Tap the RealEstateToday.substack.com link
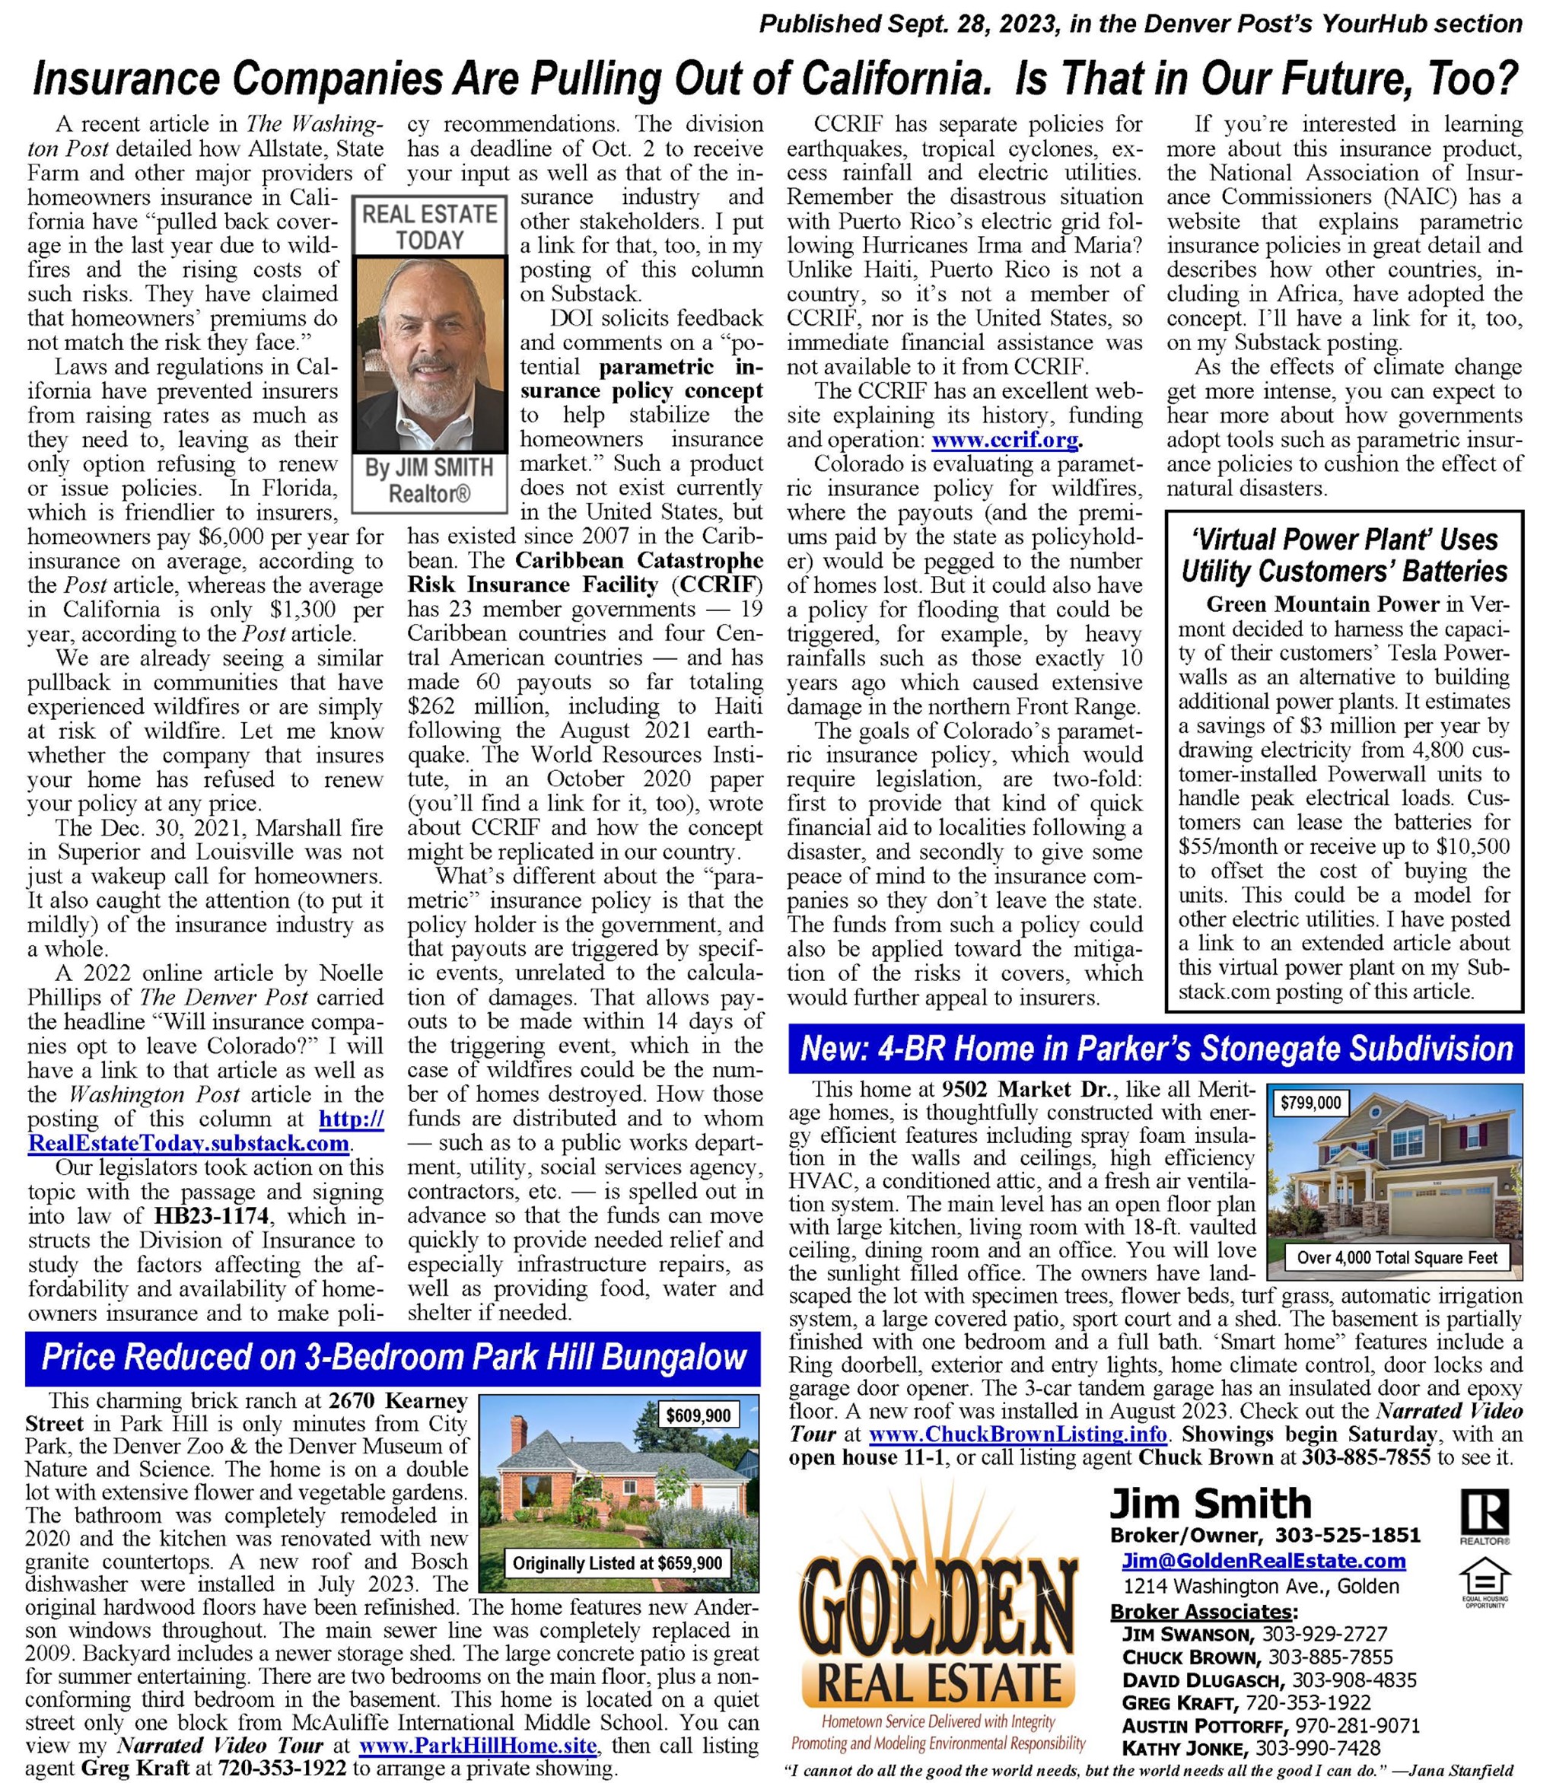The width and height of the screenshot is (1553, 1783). (188, 1142)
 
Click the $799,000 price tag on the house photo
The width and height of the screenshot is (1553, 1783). (1310, 1103)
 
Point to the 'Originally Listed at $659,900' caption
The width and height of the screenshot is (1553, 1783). (617, 1564)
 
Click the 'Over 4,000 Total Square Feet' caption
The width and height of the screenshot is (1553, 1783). (1397, 1257)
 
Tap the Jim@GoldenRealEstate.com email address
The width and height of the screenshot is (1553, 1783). (1262, 1561)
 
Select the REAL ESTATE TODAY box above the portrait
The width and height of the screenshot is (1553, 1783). (429, 226)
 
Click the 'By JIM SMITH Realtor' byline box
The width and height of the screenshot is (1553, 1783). (429, 480)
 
